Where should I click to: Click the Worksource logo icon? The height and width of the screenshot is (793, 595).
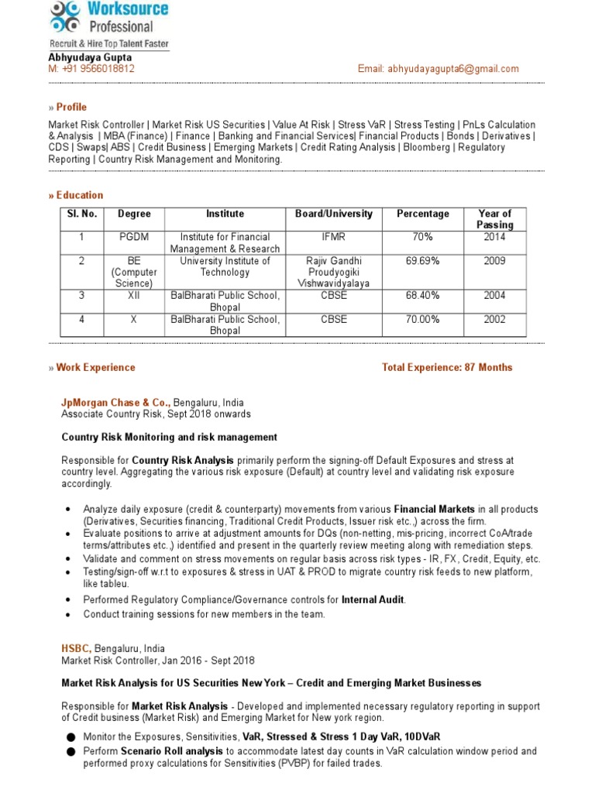pyautogui.click(x=64, y=17)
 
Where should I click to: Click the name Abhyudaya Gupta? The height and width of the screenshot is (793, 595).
pyautogui.click(x=90, y=57)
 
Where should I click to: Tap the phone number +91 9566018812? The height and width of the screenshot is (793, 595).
pyautogui.click(x=97, y=69)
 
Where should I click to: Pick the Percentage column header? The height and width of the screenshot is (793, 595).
pyautogui.click(x=422, y=214)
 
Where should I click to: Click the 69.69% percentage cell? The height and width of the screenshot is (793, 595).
pyautogui.click(x=422, y=261)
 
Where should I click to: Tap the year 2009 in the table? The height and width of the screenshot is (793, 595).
pyautogui.click(x=494, y=261)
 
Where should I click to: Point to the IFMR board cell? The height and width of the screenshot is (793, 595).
pyautogui.click(x=334, y=237)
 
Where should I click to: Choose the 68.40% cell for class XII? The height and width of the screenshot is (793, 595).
pyautogui.click(x=422, y=296)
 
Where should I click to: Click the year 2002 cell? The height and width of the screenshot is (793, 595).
pyautogui.click(x=494, y=319)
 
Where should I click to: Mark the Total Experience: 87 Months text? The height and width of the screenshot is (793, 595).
pyautogui.click(x=447, y=368)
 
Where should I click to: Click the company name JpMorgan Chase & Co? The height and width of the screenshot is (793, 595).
pyautogui.click(x=115, y=403)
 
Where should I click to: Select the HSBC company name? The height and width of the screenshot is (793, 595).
pyautogui.click(x=76, y=648)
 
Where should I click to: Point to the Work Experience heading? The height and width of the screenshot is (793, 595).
pyautogui.click(x=95, y=368)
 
